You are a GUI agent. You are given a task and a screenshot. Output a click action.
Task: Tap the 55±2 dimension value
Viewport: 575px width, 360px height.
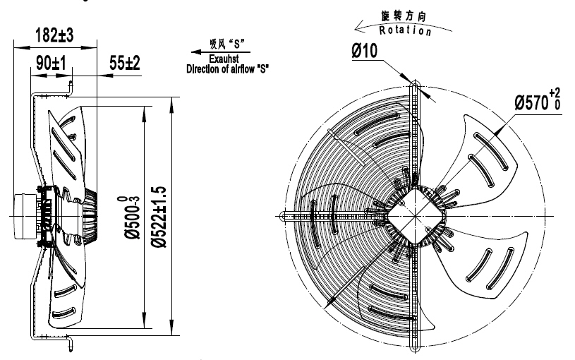point(124,64)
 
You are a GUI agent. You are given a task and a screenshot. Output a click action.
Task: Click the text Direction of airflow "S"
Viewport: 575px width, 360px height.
point(228,70)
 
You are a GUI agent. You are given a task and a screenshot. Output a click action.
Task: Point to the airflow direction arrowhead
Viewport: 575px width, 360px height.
point(195,52)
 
